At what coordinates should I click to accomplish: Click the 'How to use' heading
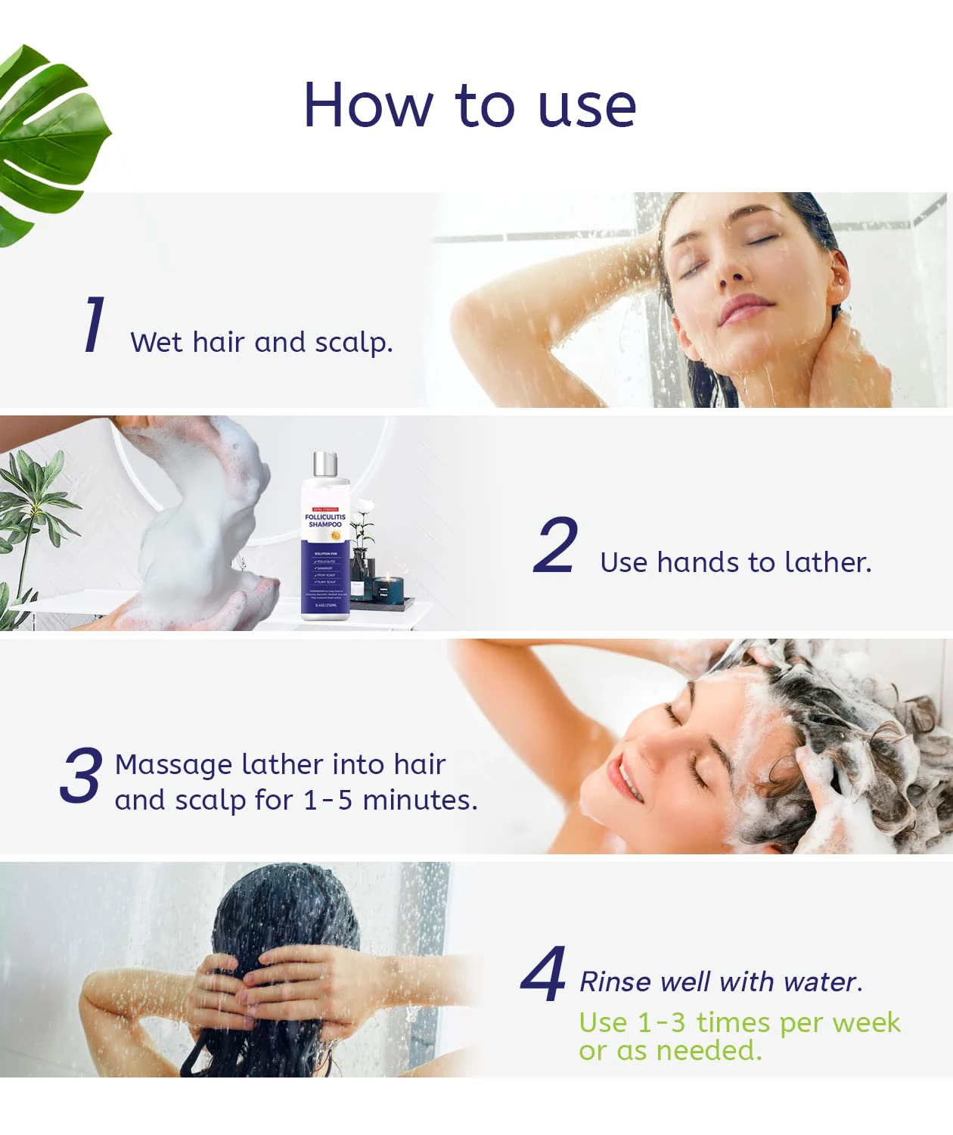coord(470,105)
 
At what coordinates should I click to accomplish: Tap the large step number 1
coord(94,325)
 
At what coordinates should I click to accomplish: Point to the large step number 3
coord(81,775)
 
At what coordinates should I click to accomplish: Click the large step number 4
coord(544,974)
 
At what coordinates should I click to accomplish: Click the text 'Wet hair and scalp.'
coord(262,343)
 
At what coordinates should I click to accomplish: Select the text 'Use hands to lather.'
coord(735,563)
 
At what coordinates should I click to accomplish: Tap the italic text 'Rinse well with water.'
coord(720,982)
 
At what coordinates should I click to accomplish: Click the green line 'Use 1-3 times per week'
coord(739,1023)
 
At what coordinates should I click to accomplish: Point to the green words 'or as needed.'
coord(670,1051)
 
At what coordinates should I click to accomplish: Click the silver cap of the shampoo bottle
coord(325,464)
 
